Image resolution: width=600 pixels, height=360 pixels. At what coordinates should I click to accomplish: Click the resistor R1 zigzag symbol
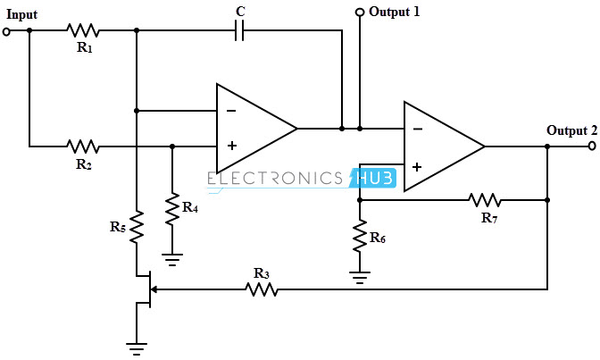tap(83, 30)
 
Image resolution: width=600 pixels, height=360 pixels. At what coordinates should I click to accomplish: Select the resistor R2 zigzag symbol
tap(83, 146)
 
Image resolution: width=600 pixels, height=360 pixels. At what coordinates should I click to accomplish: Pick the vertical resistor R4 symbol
tap(171, 210)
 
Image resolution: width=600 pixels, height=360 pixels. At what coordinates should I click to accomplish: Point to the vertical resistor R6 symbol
tap(359, 237)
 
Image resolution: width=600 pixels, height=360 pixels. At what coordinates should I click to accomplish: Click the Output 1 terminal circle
tap(359, 13)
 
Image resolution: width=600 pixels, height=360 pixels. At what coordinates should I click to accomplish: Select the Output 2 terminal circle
tap(592, 146)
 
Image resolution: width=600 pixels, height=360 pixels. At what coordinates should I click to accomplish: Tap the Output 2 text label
tap(571, 130)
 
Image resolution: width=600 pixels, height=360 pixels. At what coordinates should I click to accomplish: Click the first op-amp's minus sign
tap(231, 112)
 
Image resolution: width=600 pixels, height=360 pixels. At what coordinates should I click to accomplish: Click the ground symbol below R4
tap(171, 260)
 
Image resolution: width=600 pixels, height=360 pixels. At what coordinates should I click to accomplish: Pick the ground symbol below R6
tap(359, 278)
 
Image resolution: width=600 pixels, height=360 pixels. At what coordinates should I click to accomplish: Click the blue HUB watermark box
tap(371, 178)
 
